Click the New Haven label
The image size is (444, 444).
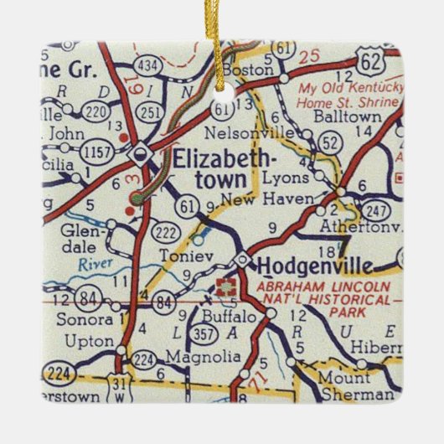(x=278, y=199)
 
